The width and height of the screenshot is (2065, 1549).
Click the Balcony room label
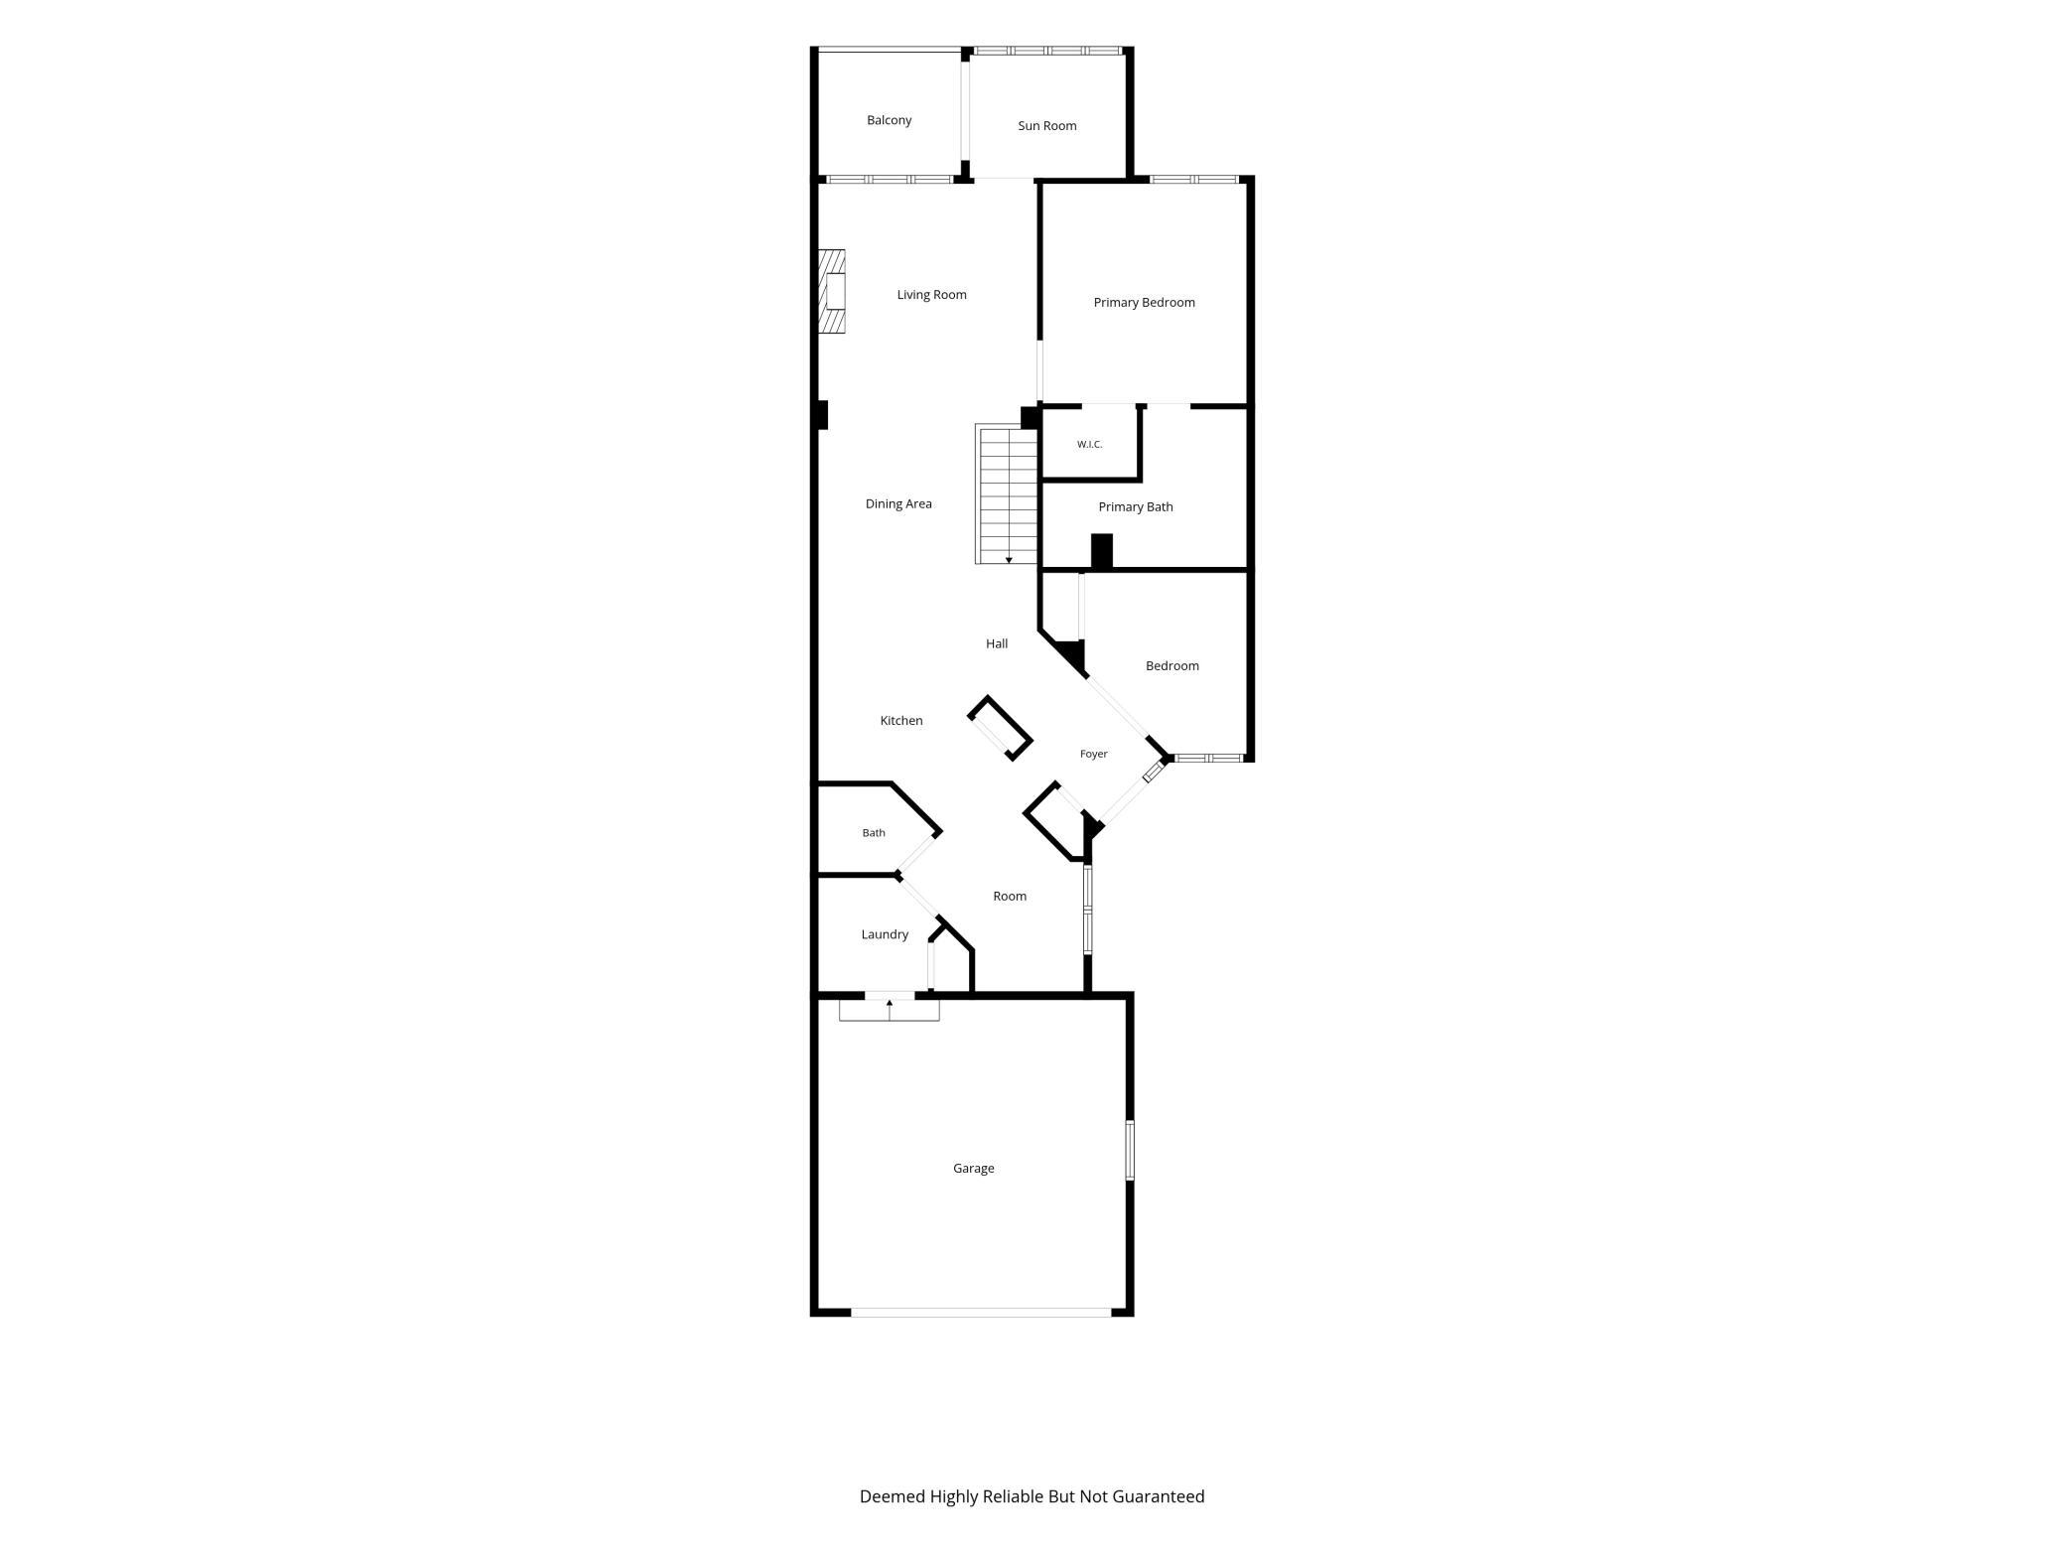[x=889, y=120]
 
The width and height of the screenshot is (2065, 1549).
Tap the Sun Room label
[x=1046, y=126]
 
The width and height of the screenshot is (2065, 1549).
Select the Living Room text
[x=931, y=295]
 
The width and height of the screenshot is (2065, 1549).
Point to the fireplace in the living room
[x=831, y=292]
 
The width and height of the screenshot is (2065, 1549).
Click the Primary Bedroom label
[x=1144, y=303]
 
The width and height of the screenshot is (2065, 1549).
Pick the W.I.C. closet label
[x=1089, y=445]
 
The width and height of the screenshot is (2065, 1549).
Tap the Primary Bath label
[x=1135, y=507]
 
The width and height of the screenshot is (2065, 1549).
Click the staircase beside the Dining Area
[x=1008, y=494]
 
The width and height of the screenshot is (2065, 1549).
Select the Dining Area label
[x=898, y=504]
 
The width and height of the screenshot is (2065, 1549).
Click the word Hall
[x=997, y=644]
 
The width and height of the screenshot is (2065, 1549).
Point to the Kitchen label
[x=901, y=721]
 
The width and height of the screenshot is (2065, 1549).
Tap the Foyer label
[x=1093, y=755]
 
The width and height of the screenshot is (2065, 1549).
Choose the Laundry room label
[x=885, y=935]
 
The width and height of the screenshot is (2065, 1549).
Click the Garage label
[x=973, y=1169]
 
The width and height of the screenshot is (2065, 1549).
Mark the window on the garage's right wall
[x=1130, y=1151]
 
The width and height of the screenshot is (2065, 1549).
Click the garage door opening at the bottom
[x=981, y=1313]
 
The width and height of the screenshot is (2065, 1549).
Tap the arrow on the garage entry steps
[x=890, y=1009]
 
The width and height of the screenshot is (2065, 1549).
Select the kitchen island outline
[x=1000, y=728]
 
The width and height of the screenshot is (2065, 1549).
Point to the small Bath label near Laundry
[x=874, y=833]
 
